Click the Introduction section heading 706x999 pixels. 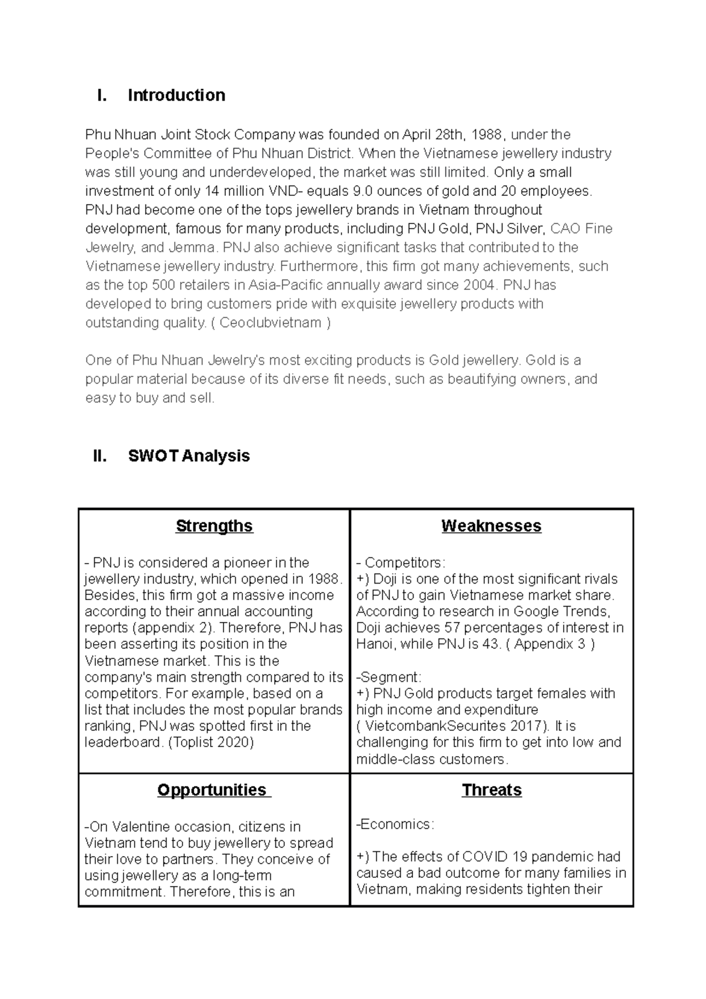[x=176, y=95]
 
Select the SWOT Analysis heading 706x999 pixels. [x=189, y=456]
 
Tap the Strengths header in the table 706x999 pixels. [x=214, y=526]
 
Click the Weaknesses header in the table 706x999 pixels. [x=491, y=526]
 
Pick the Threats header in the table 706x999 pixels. [x=491, y=790]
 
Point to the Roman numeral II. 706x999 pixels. [x=100, y=456]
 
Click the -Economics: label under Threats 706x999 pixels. [x=395, y=824]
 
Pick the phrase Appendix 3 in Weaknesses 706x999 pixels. [x=550, y=644]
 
